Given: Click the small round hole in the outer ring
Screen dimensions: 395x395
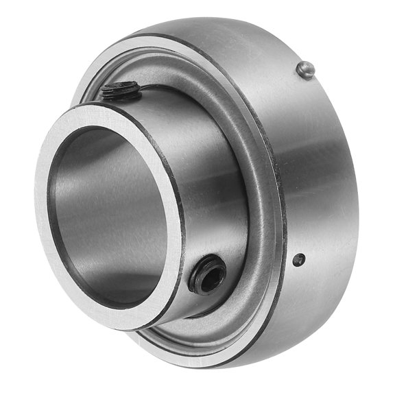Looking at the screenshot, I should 298,259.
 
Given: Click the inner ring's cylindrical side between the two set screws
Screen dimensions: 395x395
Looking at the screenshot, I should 206,178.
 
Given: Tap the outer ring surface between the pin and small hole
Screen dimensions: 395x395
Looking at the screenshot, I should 315,165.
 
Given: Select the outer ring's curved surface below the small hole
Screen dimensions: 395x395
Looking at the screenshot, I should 302,309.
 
